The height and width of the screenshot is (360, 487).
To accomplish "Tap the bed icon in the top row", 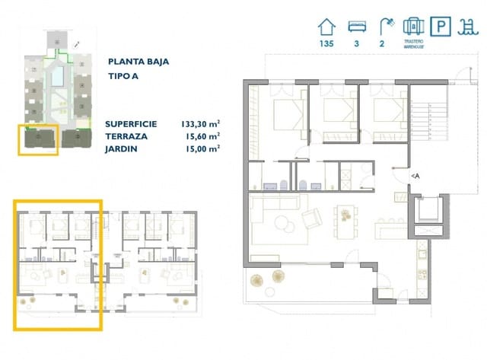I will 356,26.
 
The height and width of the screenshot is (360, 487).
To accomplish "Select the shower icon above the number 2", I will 387,25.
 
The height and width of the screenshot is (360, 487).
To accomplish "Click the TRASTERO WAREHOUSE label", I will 413,44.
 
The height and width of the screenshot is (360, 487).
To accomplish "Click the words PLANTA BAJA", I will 138,62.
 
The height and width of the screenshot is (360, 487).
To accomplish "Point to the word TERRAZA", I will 127,135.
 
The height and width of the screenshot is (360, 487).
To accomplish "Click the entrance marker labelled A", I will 415,176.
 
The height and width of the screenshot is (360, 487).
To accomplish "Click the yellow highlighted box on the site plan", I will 37,140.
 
